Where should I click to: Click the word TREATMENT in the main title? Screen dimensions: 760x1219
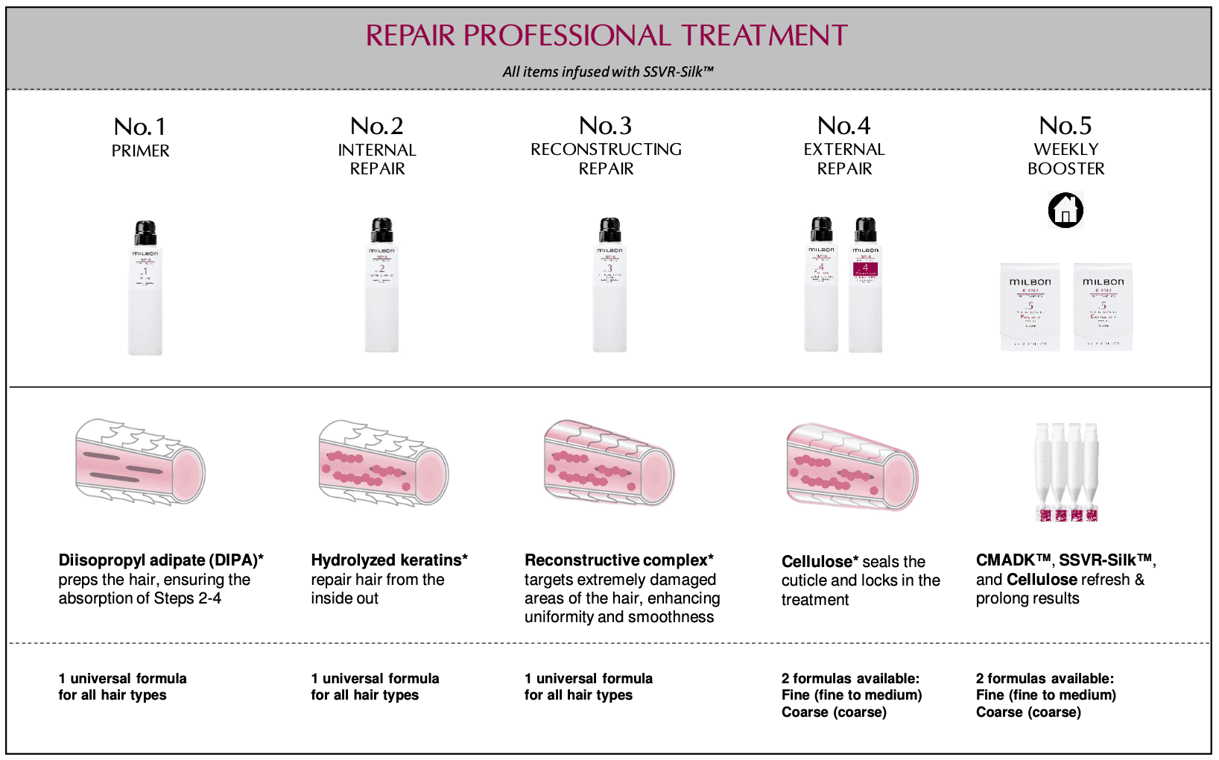tap(764, 36)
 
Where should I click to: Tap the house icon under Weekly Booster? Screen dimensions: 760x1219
tap(1066, 209)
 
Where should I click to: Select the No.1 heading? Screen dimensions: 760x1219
tap(140, 127)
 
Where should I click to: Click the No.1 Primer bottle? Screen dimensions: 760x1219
tap(145, 291)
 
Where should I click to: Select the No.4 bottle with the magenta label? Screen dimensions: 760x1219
tap(865, 287)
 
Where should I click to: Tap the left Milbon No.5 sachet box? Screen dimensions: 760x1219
tap(1030, 306)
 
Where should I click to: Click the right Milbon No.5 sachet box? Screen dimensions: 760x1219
tap(1103, 306)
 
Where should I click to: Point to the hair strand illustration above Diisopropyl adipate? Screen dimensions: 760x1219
tap(140, 462)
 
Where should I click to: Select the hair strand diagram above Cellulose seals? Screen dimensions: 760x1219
tap(852, 466)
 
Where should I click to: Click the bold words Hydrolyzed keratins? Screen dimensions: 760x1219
tap(386, 560)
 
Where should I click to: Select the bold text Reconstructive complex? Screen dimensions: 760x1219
tap(615, 560)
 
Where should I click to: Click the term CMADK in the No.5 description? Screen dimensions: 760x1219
tap(1007, 560)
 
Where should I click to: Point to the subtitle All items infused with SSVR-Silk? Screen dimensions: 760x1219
tap(608, 72)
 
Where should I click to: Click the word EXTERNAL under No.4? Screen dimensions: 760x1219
tap(844, 150)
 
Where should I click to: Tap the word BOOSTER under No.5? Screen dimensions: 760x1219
tap(1066, 169)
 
